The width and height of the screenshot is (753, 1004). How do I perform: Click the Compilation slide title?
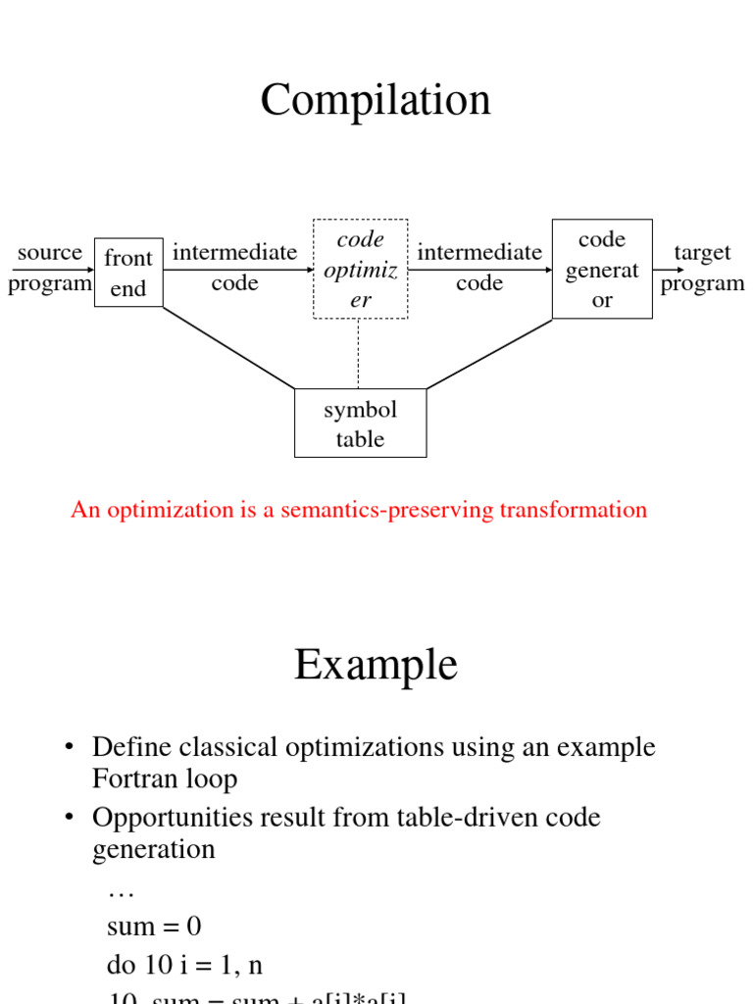(x=376, y=101)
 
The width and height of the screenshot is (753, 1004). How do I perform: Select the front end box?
(x=128, y=273)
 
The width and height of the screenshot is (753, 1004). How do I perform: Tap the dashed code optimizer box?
(x=360, y=269)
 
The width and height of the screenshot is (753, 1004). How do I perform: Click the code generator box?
(x=602, y=269)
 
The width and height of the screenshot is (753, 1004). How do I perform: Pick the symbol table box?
(x=360, y=424)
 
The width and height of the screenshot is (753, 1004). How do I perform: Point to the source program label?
(x=49, y=268)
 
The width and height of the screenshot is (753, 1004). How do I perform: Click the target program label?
(x=702, y=268)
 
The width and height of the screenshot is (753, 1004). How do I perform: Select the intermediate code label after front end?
(x=234, y=268)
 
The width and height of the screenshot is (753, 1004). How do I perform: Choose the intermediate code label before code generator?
(x=479, y=268)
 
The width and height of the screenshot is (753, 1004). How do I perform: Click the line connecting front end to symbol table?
(x=227, y=347)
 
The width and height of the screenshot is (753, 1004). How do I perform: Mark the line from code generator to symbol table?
(x=490, y=353)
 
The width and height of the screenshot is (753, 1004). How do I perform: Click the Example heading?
(x=376, y=666)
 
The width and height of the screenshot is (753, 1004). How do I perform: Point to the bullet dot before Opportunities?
(x=70, y=818)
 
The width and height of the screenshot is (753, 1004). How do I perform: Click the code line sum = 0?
(x=154, y=927)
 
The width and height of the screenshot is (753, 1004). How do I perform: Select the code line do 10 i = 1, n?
(x=185, y=966)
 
